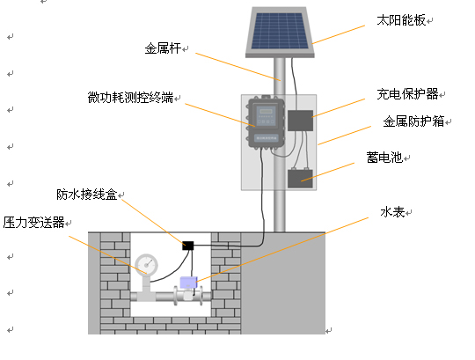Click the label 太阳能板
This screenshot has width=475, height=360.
tap(401, 20)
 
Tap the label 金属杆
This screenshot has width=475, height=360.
tap(163, 48)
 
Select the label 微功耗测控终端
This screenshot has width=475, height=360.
tap(130, 98)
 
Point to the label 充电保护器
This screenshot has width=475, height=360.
tap(407, 94)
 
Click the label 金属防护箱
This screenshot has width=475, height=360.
tap(413, 121)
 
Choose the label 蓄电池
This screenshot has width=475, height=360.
tap(384, 158)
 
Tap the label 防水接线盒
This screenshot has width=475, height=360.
tap(87, 195)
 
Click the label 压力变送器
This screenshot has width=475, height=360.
tap(34, 222)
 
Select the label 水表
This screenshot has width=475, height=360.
tap(392, 212)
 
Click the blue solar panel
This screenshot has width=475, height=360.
tap(280, 32)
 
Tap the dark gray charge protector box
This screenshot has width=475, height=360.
tap(300, 121)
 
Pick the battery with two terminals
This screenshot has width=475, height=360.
tap(300, 178)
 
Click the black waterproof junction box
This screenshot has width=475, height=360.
tap(188, 246)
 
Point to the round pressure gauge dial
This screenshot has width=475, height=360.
tap(146, 265)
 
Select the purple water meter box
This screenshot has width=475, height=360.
tap(188, 283)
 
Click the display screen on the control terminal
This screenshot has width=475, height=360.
tap(266, 111)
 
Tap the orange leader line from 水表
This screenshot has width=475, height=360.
tap(282, 250)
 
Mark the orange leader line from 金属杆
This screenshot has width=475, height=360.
tap(238, 67)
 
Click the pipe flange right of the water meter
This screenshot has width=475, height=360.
tap(201, 296)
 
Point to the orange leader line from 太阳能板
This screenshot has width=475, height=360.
tap(339, 34)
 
